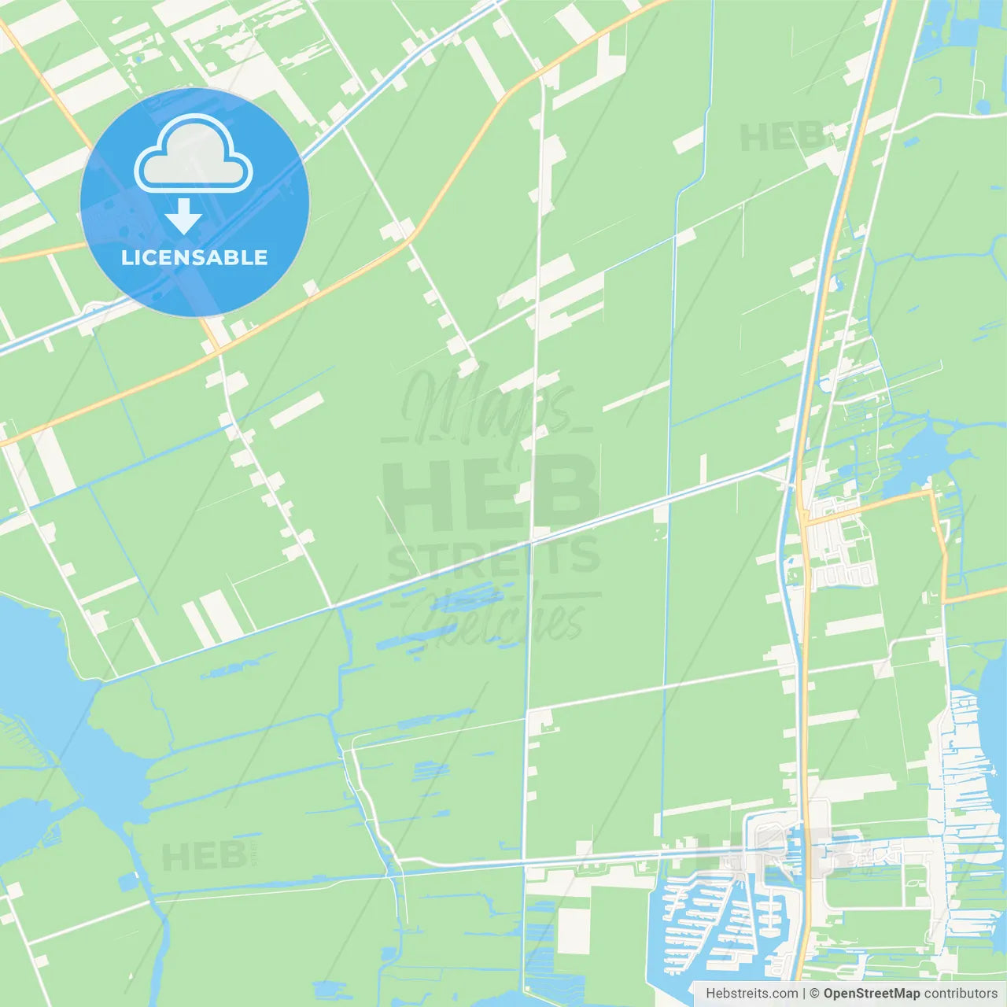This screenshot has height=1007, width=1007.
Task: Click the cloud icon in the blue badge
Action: [x=194, y=154]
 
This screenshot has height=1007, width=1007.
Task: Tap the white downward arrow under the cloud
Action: [x=183, y=217]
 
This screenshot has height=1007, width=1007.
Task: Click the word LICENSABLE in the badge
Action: [x=194, y=257]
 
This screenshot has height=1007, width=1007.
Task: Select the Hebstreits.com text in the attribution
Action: [x=751, y=994]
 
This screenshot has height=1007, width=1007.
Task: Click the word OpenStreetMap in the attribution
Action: [x=871, y=994]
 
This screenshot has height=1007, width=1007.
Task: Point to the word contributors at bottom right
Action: [x=961, y=994]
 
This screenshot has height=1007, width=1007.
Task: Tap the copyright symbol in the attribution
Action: [x=815, y=994]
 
